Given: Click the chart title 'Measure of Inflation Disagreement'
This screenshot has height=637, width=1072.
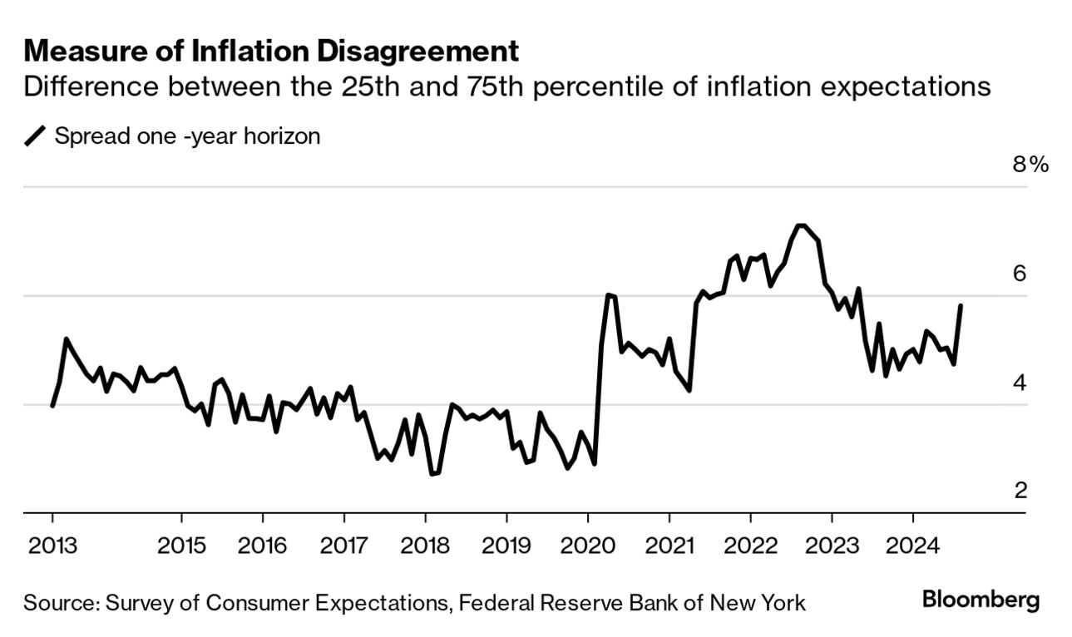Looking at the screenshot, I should click(x=271, y=52).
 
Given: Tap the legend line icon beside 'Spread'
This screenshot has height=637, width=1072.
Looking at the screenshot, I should click(x=36, y=136).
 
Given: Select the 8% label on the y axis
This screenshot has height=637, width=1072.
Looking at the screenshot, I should click(x=1030, y=165).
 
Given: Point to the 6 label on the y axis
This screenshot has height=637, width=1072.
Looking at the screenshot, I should click(x=1020, y=274).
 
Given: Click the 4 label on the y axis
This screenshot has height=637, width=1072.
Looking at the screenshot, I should click(x=1020, y=383).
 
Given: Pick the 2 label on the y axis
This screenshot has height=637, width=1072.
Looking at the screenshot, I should click(x=1020, y=491).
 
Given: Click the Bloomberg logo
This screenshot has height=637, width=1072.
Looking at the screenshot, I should click(x=981, y=600).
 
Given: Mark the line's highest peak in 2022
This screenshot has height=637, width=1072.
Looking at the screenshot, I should click(x=800, y=225).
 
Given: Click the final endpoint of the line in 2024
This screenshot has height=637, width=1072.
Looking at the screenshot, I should click(x=961, y=306).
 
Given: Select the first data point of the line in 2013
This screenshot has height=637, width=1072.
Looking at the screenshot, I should click(x=52, y=406).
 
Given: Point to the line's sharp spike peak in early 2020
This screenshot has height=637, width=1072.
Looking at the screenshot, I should click(x=609, y=294).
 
